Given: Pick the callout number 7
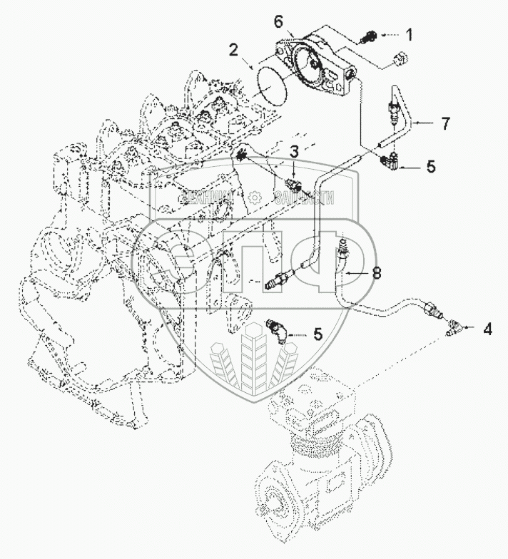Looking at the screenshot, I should coord(445,124).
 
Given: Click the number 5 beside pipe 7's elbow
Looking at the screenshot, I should coord(430,167).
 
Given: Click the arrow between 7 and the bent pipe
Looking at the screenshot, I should coord(421,123).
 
